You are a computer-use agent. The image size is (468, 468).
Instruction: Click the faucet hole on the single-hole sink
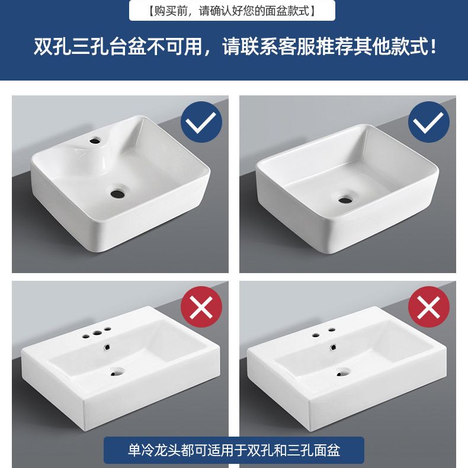tap(96, 139)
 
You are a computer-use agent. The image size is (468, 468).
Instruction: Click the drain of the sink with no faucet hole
tap(345, 199)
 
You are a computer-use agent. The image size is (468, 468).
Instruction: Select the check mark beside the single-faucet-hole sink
tap(201, 122)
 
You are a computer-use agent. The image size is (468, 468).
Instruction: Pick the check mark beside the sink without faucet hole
tap(428, 122)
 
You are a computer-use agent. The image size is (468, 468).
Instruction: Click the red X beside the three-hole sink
tap(201, 306)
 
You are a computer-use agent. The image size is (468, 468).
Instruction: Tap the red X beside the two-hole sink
tap(428, 306)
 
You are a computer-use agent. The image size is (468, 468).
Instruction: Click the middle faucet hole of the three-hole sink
tap(97, 332)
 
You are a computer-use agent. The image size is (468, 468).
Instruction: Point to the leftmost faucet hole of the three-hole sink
tap(86, 335)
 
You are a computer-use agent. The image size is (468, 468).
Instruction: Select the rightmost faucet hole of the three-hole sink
tap(107, 329)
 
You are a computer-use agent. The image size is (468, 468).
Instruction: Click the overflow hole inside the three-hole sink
tap(107, 347)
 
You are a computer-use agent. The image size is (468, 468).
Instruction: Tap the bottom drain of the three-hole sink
tap(117, 372)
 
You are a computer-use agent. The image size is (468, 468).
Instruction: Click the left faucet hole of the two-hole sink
tap(316, 335)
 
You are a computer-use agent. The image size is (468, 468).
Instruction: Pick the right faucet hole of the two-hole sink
tap(331, 329)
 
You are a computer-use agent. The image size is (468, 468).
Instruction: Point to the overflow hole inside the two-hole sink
tap(334, 347)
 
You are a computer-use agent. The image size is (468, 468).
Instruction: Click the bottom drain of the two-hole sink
tap(344, 372)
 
